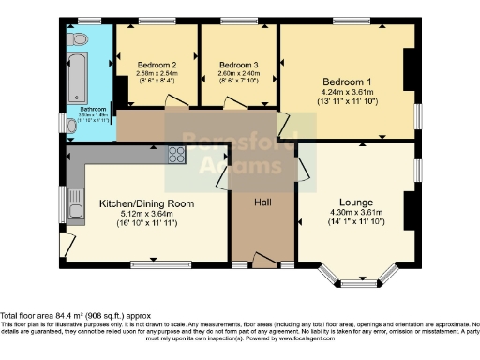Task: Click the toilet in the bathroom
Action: point(78,38)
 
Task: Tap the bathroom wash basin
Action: point(72,125)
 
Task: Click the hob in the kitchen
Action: point(176,155)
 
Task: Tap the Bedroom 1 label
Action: point(347,81)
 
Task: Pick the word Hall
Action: point(262,202)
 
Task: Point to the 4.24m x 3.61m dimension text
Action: point(347,93)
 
